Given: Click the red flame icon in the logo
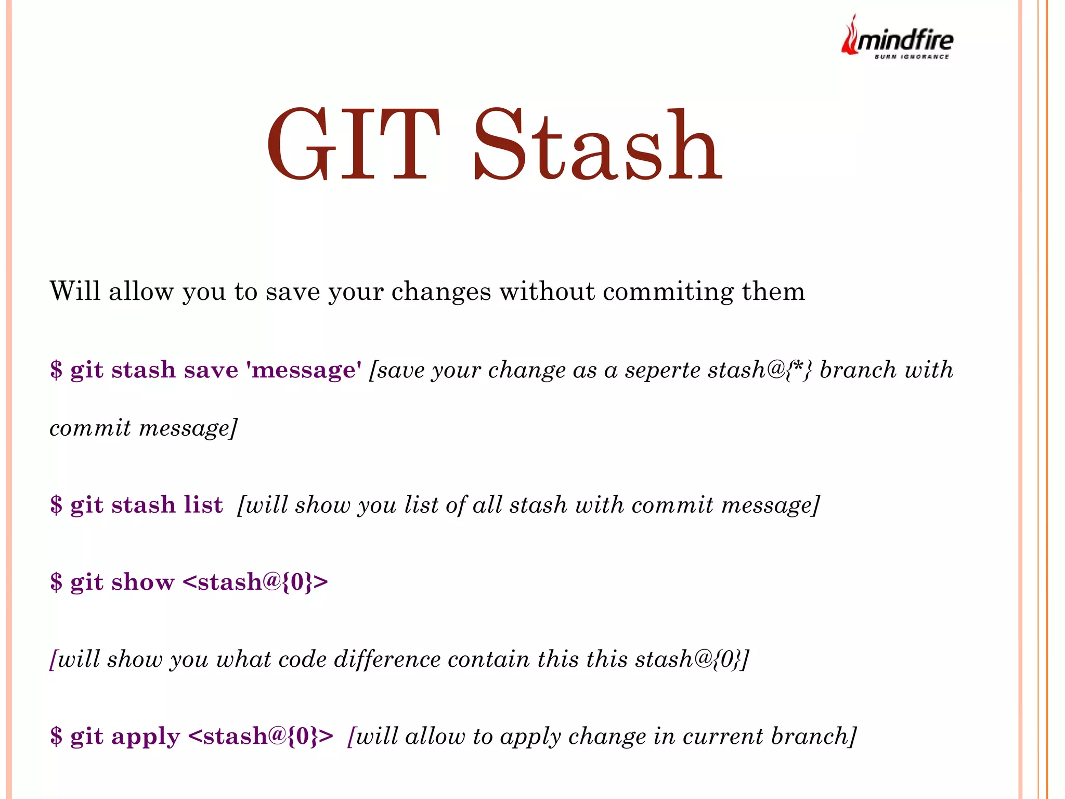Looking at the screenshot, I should tap(849, 36).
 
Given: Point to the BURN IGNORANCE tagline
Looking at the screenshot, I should tap(912, 57).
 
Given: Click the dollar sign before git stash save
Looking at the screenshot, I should tap(56, 370).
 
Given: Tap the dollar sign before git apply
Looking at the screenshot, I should tap(56, 737).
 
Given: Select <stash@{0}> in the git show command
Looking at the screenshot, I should tap(255, 582).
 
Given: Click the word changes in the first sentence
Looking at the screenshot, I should tap(440, 292).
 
